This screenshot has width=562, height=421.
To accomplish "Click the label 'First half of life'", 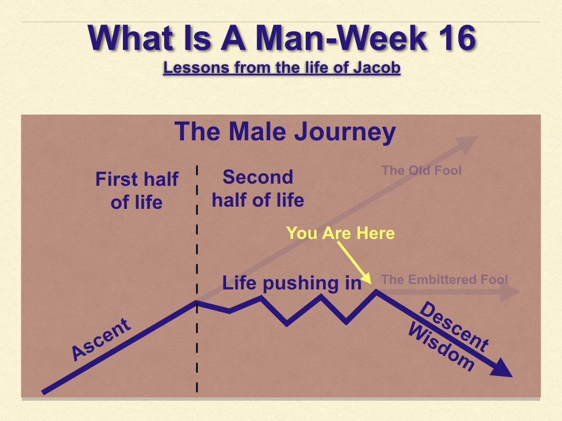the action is tap(137, 190).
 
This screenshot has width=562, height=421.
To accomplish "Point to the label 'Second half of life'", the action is tap(258, 189).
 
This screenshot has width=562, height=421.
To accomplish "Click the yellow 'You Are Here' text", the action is tap(340, 233).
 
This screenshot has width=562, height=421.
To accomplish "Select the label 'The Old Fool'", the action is tap(421, 170).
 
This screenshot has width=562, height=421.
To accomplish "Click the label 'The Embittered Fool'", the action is tap(445, 279).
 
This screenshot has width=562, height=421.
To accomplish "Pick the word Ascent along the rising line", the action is tap(101, 339).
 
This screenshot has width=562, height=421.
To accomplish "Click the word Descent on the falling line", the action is tap(454, 326).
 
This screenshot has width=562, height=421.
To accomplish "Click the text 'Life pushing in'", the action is tap(292, 283).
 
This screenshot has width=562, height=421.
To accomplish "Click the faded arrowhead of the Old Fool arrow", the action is tap(467, 144).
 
